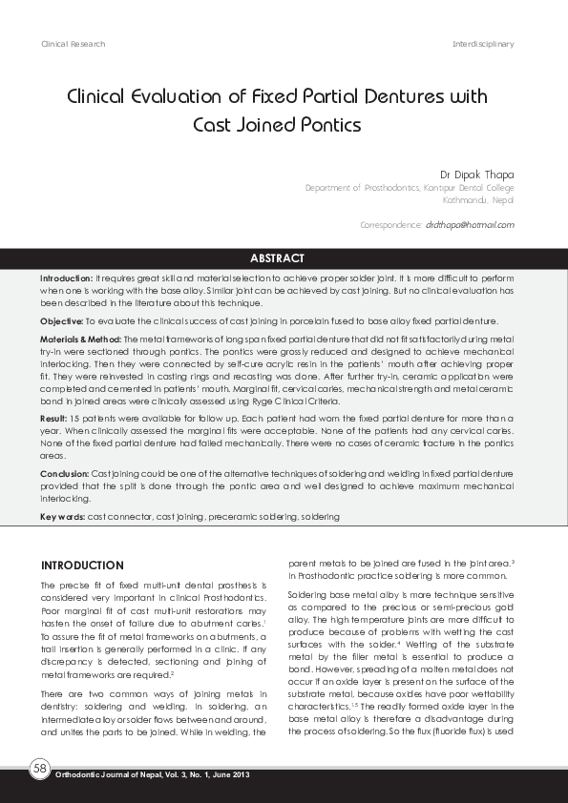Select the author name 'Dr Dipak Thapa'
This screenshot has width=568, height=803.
click(x=476, y=175)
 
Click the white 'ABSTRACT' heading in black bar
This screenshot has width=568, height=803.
click(x=277, y=258)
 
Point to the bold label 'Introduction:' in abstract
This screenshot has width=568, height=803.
click(x=66, y=276)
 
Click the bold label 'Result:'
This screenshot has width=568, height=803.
click(x=53, y=419)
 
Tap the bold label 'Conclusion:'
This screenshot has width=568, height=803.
click(x=64, y=473)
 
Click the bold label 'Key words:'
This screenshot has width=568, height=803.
click(x=62, y=516)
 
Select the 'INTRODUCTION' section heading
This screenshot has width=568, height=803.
click(x=82, y=566)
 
